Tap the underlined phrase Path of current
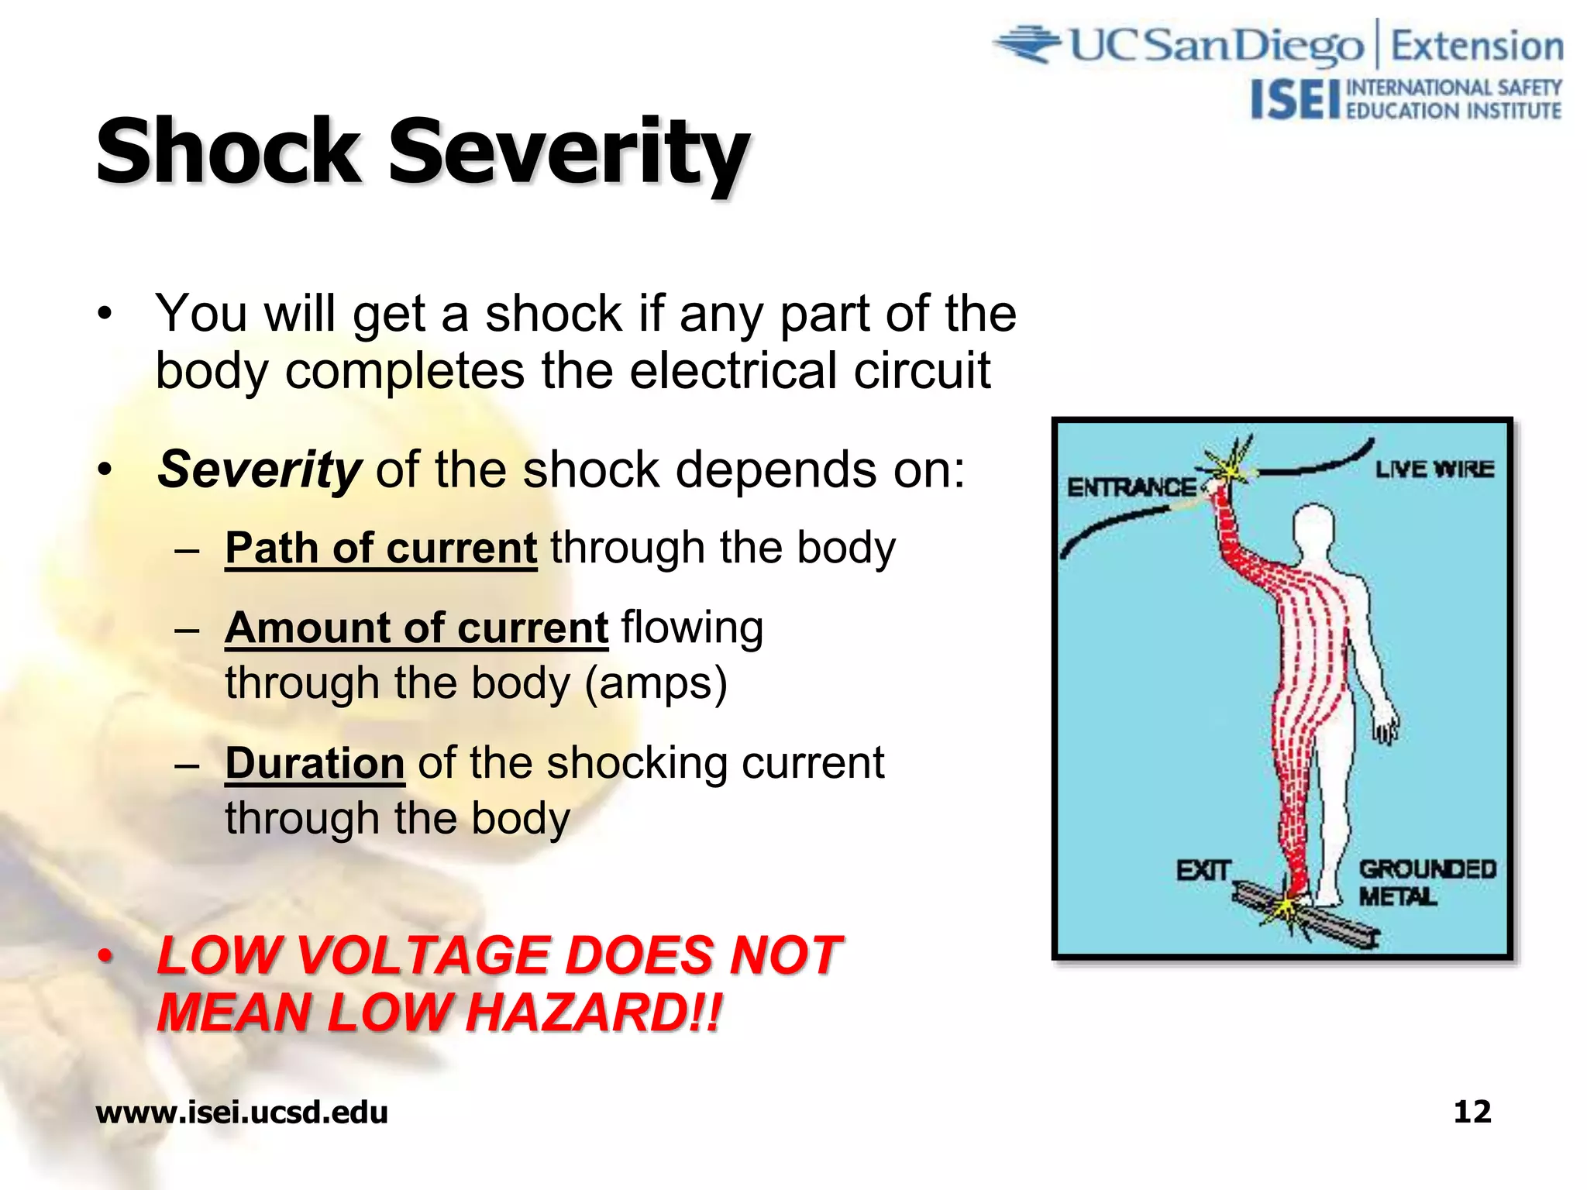380,549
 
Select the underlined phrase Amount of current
416,628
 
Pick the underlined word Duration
315,763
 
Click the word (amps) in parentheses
656,683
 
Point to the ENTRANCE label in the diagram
1131,487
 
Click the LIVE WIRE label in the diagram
1434,469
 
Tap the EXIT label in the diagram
1203,871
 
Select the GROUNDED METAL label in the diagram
1427,882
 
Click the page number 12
1472,1112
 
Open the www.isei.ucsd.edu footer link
242,1113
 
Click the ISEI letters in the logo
1295,101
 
